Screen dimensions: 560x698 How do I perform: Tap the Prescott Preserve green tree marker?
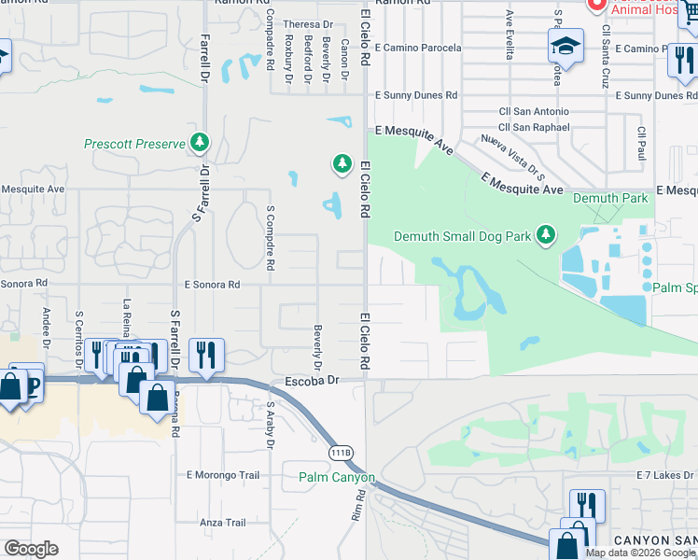coord(199,143)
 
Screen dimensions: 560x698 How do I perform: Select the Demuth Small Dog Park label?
coord(463,236)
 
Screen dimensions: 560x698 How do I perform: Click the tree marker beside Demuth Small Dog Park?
coord(547,234)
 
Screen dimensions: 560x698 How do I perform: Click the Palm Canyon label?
coord(337,477)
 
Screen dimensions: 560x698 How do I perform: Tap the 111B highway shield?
coord(342,453)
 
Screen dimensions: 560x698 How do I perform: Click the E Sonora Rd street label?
coord(212,284)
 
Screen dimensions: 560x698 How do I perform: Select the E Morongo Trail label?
coord(223,475)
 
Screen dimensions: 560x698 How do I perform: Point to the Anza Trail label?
coord(223,523)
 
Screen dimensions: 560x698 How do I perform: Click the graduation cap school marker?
coord(565,46)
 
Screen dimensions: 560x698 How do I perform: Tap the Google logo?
coord(31,549)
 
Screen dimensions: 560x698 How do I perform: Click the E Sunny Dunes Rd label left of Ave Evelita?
coord(416,95)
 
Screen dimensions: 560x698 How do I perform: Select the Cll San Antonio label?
coord(534,112)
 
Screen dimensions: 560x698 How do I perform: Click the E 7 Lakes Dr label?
coord(666,476)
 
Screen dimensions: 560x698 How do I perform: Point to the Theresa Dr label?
coord(309,24)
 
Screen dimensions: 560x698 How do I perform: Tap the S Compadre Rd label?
coord(270,238)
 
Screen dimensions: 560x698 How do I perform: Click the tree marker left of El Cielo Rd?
coord(342,164)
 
